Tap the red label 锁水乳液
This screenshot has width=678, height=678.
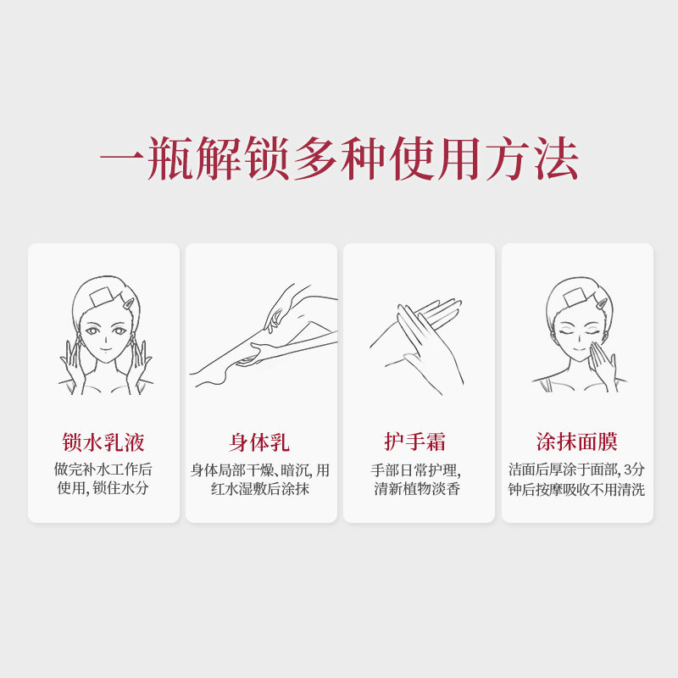pos(103,442)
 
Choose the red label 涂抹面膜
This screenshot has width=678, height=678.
pos(577,442)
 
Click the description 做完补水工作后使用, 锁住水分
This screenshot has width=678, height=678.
pos(103,479)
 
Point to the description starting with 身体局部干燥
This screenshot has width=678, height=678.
pos(260,479)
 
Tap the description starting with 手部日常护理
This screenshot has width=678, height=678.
pos(417,479)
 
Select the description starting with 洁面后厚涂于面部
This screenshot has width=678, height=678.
pos(577,479)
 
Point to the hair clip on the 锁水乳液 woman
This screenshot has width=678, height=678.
pos(125,302)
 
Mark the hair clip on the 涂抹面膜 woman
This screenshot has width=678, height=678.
pos(598,302)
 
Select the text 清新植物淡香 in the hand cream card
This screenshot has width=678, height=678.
pos(417,489)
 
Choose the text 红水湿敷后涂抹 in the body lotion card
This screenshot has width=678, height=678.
pos(260,489)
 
